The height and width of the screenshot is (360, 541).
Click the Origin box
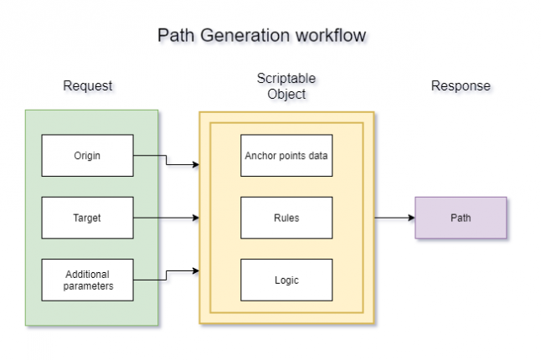87,156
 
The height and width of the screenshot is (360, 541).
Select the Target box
87,218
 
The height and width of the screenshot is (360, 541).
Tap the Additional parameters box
87,280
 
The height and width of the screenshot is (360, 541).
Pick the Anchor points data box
286,156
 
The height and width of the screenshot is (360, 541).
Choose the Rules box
286,218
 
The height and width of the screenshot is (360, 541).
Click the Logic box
286,280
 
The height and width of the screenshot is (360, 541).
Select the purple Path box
461,218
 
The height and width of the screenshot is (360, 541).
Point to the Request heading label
87,86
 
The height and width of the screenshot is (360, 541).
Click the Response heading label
461,86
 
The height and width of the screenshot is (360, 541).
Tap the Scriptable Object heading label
286,86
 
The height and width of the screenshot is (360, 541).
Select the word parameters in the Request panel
87,286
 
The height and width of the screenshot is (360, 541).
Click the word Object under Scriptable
286,94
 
